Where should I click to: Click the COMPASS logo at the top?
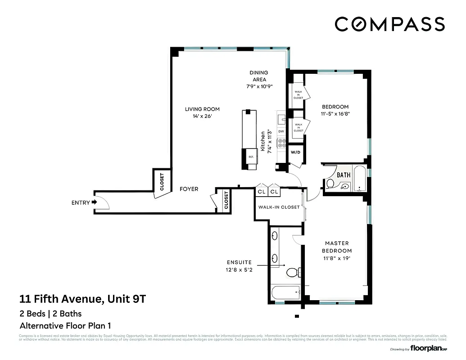[x=390, y=24]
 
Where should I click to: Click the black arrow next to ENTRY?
[x=94, y=202]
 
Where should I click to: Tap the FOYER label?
[x=189, y=189]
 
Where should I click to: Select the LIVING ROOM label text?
[x=202, y=109]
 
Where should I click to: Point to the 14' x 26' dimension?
[x=202, y=116]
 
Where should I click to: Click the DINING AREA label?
[x=259, y=76]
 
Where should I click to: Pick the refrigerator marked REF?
[x=251, y=157]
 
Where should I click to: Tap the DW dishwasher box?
[x=281, y=131]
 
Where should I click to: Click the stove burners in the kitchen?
[x=282, y=143]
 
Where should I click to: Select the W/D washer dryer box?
[x=295, y=153]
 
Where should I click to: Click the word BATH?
[x=344, y=175]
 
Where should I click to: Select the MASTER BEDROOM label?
[x=337, y=247]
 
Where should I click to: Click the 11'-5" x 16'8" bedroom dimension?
[x=335, y=114]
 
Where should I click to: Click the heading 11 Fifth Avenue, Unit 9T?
[x=82, y=299]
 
